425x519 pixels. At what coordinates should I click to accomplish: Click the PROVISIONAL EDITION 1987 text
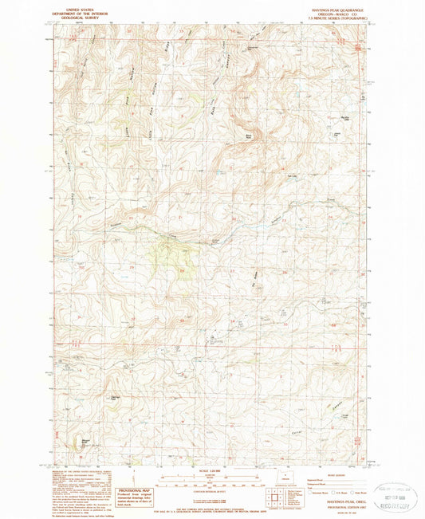[x=329, y=502]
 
